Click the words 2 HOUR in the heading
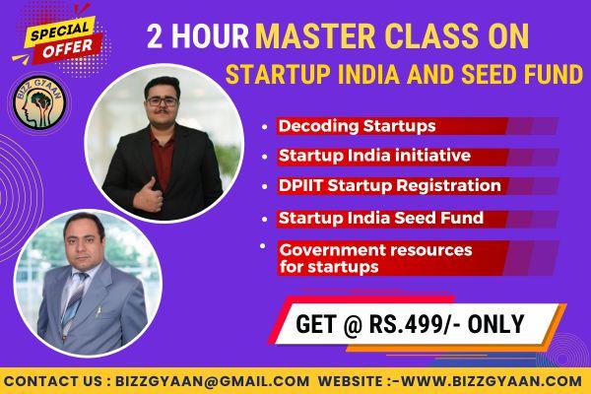pyautogui.click(x=196, y=37)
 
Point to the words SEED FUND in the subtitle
pyautogui.click(x=532, y=74)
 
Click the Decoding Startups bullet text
pyautogui.click(x=357, y=126)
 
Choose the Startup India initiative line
pyautogui.click(x=373, y=156)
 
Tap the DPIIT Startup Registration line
pyautogui.click(x=390, y=185)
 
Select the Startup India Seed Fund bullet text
pyautogui.click(x=380, y=217)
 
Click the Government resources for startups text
pyautogui.click(x=374, y=258)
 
